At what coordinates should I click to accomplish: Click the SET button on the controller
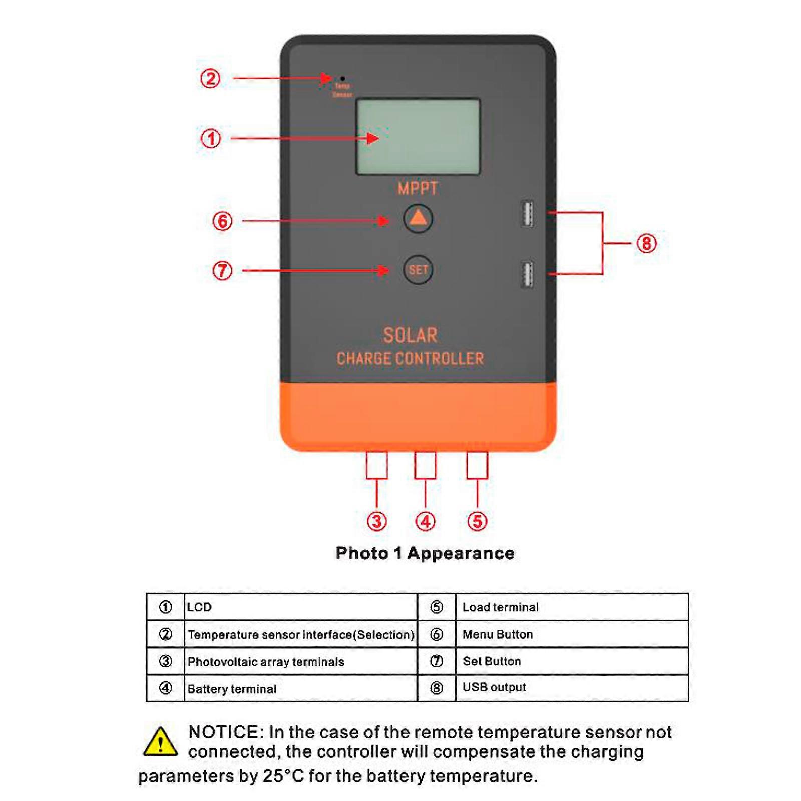[x=418, y=270]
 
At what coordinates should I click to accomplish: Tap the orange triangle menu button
[x=418, y=219]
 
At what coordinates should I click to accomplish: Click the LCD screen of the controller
[x=418, y=137]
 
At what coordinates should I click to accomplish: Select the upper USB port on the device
[x=527, y=214]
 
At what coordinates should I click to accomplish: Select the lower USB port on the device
[x=527, y=274]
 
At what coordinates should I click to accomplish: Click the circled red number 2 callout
[x=210, y=79]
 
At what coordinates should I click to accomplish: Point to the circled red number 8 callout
[x=646, y=244]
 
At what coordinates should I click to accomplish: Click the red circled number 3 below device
[x=376, y=521]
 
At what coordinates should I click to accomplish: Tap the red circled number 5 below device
[x=477, y=521]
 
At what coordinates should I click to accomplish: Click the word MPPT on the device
[x=418, y=189]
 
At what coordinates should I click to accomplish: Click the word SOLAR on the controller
[x=410, y=335]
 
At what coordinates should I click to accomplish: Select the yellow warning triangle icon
[x=160, y=742]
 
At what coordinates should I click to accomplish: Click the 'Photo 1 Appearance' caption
[x=425, y=553]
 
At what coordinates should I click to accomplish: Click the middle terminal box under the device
[x=425, y=465]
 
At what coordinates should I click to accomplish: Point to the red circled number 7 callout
[x=222, y=271]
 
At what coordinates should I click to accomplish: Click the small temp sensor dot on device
[x=342, y=79]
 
